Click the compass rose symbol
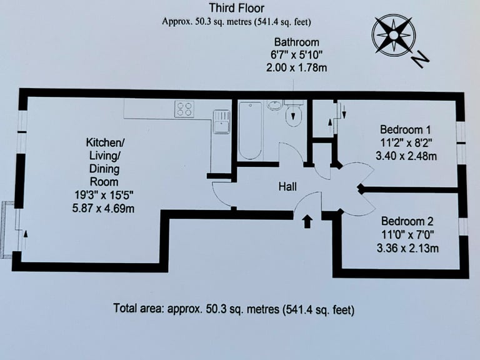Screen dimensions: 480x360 (x=393, y=36)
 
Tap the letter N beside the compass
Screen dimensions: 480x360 (x=421, y=59)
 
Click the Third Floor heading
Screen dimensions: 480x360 (x=236, y=8)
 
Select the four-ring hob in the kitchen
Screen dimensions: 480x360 (x=184, y=109)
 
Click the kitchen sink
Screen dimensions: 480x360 (x=221, y=121)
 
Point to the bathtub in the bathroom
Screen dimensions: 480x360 (x=250, y=131)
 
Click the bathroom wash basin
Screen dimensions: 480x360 (x=276, y=106)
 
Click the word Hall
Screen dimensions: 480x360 (x=287, y=187)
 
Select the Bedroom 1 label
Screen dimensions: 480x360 (x=405, y=130)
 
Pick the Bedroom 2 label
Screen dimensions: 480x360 (x=407, y=221)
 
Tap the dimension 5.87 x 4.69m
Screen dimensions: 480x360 (x=103, y=209)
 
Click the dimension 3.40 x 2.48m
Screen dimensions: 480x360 (x=406, y=156)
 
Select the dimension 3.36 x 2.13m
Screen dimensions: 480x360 (x=407, y=247)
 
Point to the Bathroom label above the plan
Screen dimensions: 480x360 (x=296, y=42)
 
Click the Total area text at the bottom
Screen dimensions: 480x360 (x=234, y=309)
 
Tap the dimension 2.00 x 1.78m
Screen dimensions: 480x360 (x=296, y=67)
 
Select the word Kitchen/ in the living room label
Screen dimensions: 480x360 (x=105, y=142)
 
